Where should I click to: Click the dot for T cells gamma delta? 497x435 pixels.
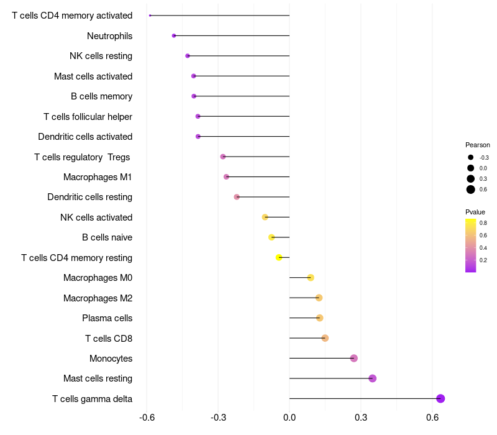[440, 398]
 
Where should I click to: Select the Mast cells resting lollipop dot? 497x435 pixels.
[372, 378]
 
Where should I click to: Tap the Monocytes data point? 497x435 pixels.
[354, 359]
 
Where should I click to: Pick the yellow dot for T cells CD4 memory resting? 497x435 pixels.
[279, 257]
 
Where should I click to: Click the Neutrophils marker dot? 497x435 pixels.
[174, 36]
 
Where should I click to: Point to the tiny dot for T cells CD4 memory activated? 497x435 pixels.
[150, 16]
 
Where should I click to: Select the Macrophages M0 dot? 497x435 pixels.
[311, 278]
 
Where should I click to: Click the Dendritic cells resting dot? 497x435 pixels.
[237, 197]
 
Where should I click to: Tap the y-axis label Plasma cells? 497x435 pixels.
[107, 318]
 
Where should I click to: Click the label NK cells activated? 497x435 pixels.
[96, 217]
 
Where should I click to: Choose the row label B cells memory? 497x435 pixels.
[101, 96]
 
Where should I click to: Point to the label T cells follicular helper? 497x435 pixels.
[88, 117]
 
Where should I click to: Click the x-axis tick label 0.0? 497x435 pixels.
[290, 417]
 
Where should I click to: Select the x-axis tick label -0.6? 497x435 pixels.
[147, 417]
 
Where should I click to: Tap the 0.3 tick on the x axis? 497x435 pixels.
[361, 417]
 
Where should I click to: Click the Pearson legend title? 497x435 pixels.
[477, 145]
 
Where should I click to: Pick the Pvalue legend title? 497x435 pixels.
[475, 212]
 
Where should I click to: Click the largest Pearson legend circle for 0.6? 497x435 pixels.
[471, 190]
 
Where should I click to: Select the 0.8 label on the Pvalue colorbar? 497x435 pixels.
[483, 223]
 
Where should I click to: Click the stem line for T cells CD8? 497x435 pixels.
[307, 338]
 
